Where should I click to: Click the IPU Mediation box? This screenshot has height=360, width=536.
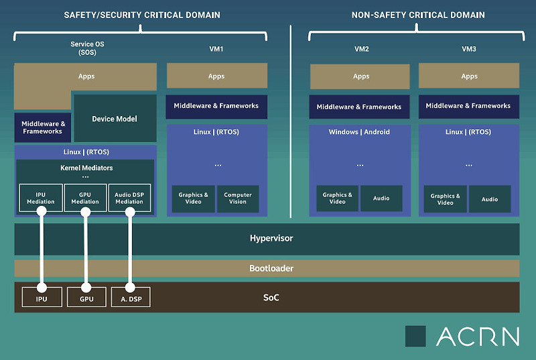[41, 198]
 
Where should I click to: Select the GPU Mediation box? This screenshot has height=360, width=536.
[85, 198]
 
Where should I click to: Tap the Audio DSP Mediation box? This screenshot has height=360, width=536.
[130, 198]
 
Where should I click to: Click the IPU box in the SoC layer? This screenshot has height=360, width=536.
[41, 297]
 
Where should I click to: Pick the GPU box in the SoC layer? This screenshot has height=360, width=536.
[85, 297]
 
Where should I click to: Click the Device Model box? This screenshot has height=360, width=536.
[114, 119]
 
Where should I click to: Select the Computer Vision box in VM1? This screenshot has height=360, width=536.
[238, 198]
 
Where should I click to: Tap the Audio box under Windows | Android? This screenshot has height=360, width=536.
[381, 198]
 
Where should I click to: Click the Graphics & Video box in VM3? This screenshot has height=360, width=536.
[446, 199]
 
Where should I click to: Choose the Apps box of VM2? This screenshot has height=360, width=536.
[360, 76]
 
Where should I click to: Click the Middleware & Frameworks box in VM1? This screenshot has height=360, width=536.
[216, 106]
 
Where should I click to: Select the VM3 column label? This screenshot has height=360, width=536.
[469, 49]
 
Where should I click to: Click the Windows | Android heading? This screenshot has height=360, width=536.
[359, 132]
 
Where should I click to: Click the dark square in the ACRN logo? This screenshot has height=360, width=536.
[415, 336]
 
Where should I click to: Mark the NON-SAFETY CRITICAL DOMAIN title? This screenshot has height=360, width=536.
[418, 15]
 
